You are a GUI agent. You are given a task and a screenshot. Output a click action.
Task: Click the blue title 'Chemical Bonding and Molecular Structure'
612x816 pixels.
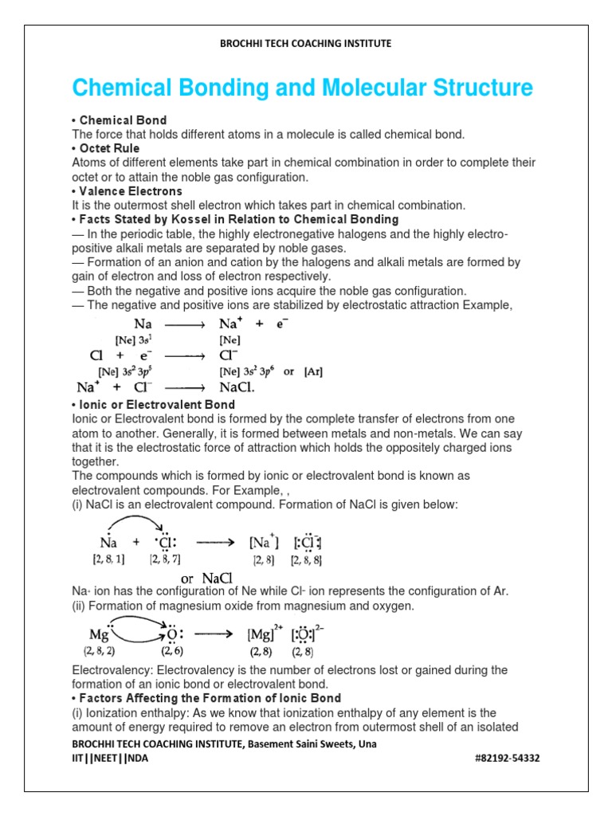tap(302, 87)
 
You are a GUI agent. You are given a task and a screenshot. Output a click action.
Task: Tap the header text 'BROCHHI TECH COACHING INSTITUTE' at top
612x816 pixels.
tap(305, 44)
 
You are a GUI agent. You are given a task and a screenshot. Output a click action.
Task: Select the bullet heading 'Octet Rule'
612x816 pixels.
tap(108, 148)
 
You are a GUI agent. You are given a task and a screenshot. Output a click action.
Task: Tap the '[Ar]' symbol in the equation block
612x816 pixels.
tap(313, 371)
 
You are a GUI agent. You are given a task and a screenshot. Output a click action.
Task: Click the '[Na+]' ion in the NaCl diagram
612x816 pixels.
tap(264, 543)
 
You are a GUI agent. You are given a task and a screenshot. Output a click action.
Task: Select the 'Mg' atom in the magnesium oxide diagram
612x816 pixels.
tap(100, 635)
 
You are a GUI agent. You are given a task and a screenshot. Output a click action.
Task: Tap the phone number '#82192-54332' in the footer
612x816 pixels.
tap(506, 758)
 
